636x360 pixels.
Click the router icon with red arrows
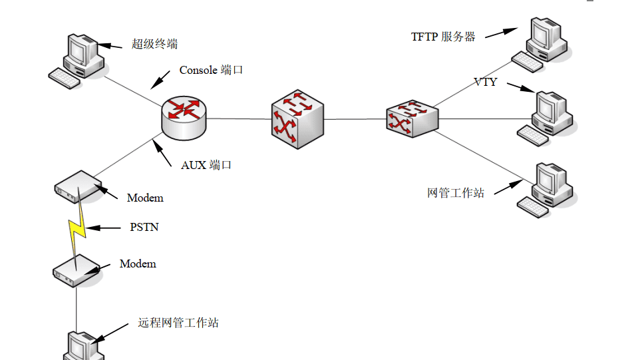(x=184, y=117)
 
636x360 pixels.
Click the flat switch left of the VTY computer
(x=412, y=119)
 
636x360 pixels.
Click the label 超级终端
(x=154, y=45)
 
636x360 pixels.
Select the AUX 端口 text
(x=206, y=165)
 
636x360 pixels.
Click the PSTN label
(x=144, y=227)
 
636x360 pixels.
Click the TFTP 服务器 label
(x=443, y=37)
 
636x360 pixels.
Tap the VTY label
(x=486, y=83)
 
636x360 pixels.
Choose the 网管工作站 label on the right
(x=456, y=193)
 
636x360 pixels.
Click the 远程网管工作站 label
(x=178, y=323)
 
